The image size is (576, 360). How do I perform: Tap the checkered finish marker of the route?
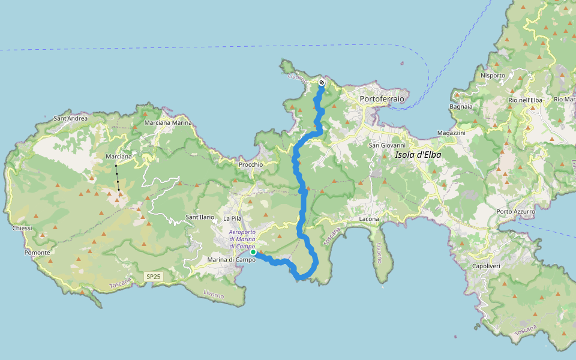[322, 83]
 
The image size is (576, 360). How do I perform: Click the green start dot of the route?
[254, 253]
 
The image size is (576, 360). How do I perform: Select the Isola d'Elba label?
[418, 155]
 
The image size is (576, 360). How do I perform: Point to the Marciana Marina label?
[168, 123]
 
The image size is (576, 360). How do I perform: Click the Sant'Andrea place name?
[70, 119]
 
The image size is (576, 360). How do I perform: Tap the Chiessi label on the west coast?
[22, 228]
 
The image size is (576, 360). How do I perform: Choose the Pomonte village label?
[37, 253]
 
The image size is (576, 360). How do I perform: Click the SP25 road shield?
[153, 277]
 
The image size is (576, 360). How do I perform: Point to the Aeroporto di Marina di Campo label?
[242, 239]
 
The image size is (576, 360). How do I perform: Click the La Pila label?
[232, 219]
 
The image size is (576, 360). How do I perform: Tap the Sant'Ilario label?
[200, 217]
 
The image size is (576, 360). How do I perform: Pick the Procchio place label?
[250, 164]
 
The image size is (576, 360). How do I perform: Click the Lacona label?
[368, 219]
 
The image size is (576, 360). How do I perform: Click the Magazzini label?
[452, 133]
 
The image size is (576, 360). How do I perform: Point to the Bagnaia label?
[461, 107]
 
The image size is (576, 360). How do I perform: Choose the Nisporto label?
[493, 76]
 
